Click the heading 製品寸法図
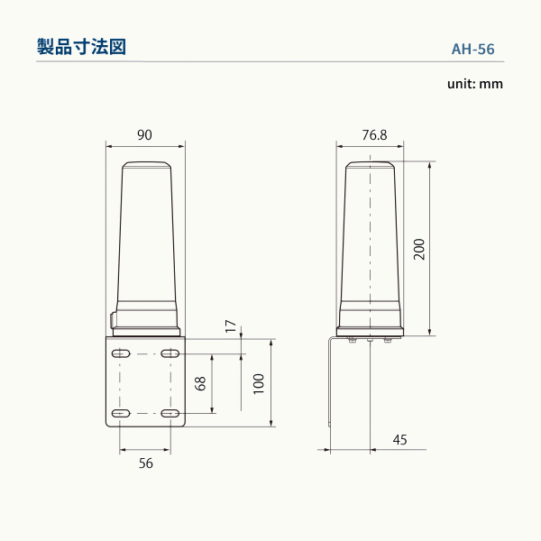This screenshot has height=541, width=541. click(x=80, y=47)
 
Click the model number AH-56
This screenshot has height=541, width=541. click(x=472, y=50)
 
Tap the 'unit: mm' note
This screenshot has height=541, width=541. click(x=474, y=84)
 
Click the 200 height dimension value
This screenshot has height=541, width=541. click(x=418, y=248)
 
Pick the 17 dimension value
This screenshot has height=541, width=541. click(x=231, y=325)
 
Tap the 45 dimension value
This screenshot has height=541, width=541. click(x=400, y=440)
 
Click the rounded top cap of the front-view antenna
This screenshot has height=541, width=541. click(x=146, y=166)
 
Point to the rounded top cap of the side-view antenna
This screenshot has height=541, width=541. click(x=370, y=166)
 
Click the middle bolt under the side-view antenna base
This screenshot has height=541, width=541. click(x=370, y=341)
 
